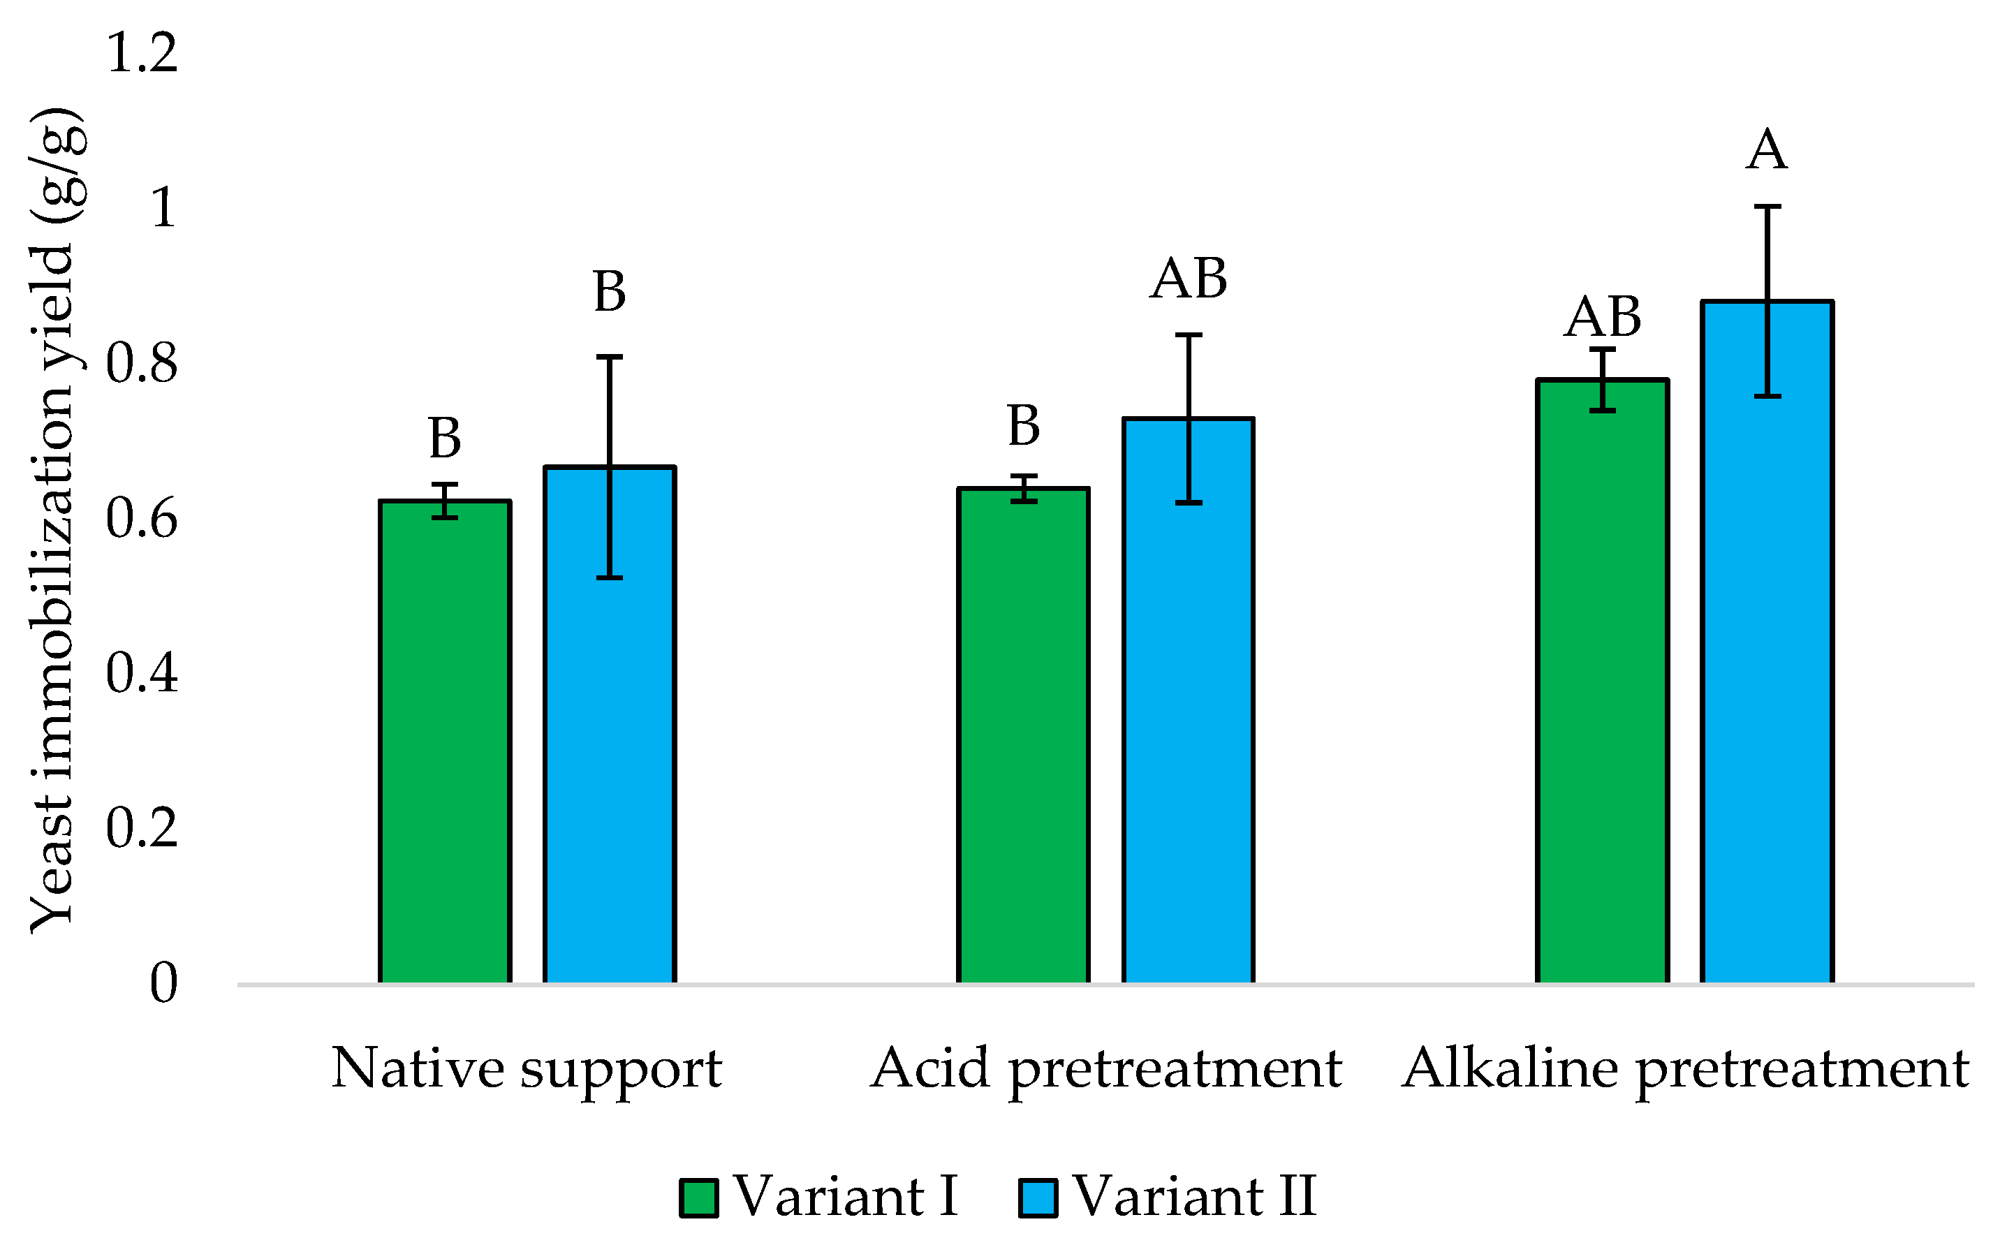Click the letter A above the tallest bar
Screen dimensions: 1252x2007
pyautogui.click(x=1766, y=151)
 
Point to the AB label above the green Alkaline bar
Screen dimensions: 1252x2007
pyautogui.click(x=1602, y=316)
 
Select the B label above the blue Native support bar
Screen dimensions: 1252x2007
pyautogui.click(x=610, y=291)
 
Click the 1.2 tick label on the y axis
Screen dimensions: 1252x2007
pyautogui.click(x=142, y=53)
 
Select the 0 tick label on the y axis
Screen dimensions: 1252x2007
pyautogui.click(x=163, y=984)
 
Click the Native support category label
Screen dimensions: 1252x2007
pyautogui.click(x=527, y=1069)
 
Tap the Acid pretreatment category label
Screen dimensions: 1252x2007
pyautogui.click(x=1105, y=1069)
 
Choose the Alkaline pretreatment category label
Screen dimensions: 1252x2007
pyautogui.click(x=1685, y=1069)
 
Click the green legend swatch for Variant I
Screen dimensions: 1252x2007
pyautogui.click(x=698, y=1198)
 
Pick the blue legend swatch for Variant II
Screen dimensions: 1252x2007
pyautogui.click(x=1038, y=1198)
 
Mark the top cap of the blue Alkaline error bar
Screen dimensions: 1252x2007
pyautogui.click(x=1767, y=206)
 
